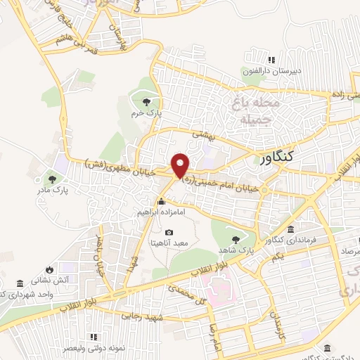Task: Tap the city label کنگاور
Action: point(289,159)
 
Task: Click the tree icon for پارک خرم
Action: point(146,103)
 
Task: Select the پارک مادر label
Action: point(53,190)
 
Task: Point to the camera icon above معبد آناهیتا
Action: point(168,233)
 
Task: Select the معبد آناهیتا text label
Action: point(169,243)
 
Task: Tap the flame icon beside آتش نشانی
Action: point(49,269)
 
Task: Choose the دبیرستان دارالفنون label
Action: point(271,71)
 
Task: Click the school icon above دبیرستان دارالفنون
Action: point(271,61)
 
